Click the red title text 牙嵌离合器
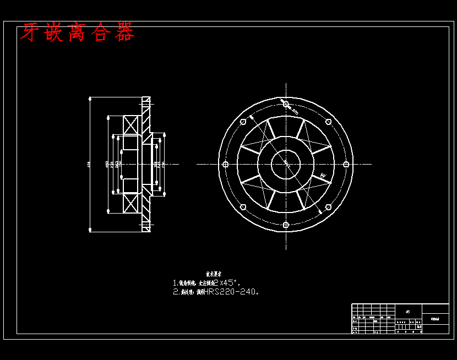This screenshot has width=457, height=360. [x=77, y=33]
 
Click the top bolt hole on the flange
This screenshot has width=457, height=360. [x=286, y=104]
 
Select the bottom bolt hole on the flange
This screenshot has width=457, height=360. [x=286, y=225]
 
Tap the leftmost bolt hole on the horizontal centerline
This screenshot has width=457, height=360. [x=225, y=164]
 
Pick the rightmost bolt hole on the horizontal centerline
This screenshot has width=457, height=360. [x=346, y=164]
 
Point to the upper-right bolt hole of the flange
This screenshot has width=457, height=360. [x=328, y=122]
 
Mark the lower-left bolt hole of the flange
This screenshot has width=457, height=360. [x=243, y=207]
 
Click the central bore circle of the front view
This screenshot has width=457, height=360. [x=286, y=164]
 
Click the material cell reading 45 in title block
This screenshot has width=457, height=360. [x=407, y=312]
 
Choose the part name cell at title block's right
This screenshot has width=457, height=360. [x=435, y=319]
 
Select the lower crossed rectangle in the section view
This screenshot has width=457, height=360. [x=131, y=204]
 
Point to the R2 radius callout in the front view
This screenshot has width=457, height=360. [x=323, y=176]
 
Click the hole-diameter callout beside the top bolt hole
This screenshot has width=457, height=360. [x=295, y=112]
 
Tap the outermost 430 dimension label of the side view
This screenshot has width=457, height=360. [x=88, y=164]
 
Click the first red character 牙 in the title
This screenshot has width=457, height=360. [x=30, y=33]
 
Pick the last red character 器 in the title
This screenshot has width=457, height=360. [x=124, y=33]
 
